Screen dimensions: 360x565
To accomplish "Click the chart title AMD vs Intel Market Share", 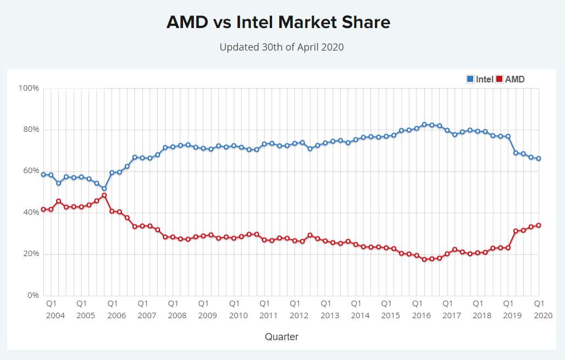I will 278,23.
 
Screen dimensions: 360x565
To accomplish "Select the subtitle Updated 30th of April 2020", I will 281,47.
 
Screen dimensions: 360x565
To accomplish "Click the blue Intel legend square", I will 470,79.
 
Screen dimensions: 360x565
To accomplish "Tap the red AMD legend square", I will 500,79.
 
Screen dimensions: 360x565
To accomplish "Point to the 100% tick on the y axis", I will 29,88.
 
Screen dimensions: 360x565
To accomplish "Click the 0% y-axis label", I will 32,295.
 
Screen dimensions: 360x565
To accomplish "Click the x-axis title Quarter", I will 281,337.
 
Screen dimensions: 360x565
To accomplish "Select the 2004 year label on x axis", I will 55,315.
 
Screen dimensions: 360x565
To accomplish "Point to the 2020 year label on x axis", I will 543,315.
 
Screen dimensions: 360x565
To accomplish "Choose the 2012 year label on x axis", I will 298,315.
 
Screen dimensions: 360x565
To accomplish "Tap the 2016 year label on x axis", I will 421,315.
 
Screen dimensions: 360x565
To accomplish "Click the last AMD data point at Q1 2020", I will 539,225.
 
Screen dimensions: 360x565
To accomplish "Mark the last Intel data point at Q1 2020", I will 539,158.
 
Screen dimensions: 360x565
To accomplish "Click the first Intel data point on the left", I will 43,174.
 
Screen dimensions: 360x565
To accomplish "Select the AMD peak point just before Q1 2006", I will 104,195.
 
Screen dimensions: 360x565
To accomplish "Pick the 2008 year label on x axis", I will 177,315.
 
